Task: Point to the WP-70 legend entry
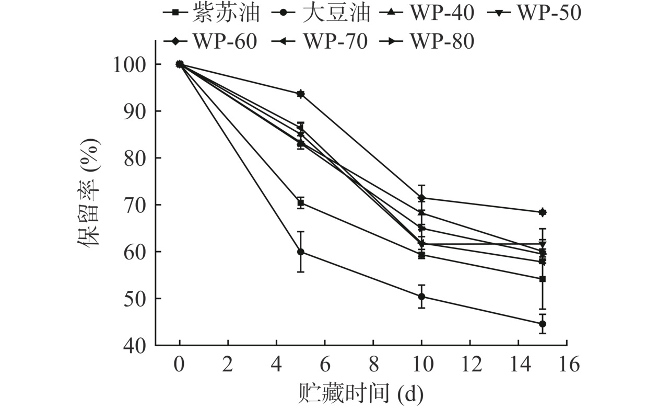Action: [321, 41]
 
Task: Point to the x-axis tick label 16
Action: [567, 365]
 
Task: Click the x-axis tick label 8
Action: [373, 365]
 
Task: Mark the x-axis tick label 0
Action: [180, 365]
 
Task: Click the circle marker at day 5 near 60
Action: [301, 252]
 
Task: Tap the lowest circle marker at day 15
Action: [543, 324]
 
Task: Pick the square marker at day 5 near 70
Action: [301, 203]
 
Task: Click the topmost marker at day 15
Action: [543, 212]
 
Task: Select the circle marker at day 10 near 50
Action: [421, 297]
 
